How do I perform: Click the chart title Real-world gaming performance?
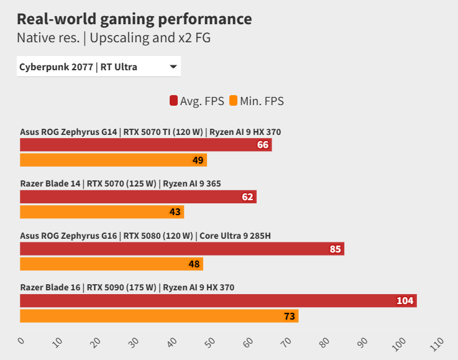click(x=134, y=19)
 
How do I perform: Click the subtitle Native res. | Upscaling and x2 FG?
click(x=114, y=38)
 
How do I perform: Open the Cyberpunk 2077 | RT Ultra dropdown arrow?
click(x=173, y=67)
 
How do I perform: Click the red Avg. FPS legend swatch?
click(x=173, y=101)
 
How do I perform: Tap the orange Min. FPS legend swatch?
click(x=234, y=101)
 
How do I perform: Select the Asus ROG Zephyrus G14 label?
click(x=155, y=132)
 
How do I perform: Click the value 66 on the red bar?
click(x=262, y=145)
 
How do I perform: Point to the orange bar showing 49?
click(x=113, y=160)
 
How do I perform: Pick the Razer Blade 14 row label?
click(x=121, y=183)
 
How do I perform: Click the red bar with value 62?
click(x=138, y=197)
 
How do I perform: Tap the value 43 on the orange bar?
click(x=175, y=212)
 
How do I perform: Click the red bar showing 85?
click(x=181, y=249)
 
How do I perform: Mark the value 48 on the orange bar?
click(x=194, y=264)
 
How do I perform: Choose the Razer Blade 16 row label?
click(x=127, y=287)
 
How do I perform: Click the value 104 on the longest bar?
click(x=405, y=301)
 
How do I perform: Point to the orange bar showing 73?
click(x=159, y=316)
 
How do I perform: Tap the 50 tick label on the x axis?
click(x=210, y=342)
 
